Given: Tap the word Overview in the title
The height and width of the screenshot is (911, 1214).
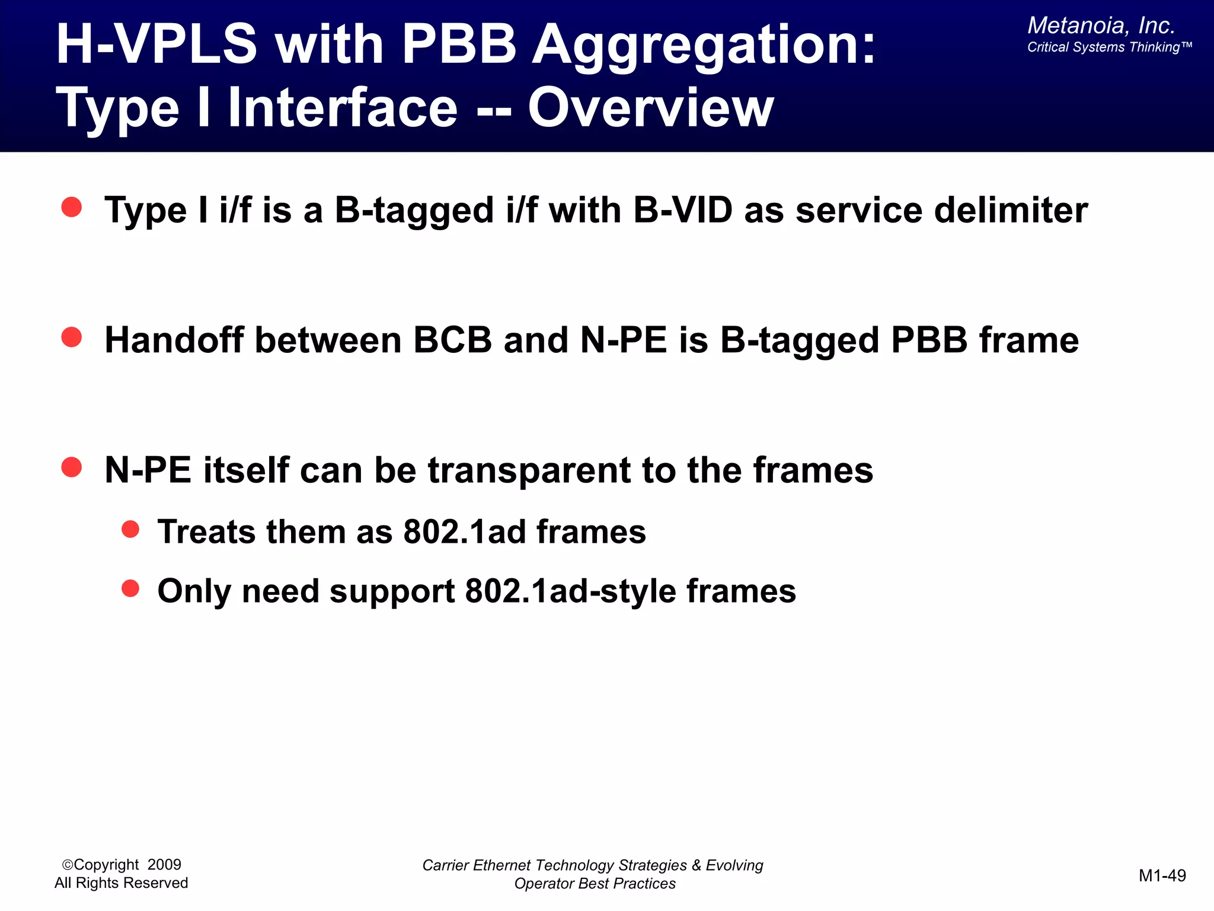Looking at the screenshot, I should (650, 108).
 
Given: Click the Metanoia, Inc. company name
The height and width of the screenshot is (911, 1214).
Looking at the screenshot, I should (1101, 26).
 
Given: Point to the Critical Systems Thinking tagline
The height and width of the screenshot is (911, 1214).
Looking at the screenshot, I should (1108, 47).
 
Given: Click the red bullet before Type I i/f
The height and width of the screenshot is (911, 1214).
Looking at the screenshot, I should (72, 207).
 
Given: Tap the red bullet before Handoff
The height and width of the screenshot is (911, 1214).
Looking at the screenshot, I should (72, 337).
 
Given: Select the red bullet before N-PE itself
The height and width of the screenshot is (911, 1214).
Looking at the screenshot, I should (72, 467).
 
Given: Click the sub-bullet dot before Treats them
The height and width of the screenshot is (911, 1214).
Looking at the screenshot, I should (130, 529).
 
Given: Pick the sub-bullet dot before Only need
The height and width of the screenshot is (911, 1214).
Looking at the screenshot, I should (130, 588).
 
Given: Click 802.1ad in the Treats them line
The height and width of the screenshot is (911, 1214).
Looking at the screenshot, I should (464, 531).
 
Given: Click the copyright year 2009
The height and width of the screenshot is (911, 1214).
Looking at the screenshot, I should (164, 865).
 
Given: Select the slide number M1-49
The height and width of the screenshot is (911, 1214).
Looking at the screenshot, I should (1162, 875).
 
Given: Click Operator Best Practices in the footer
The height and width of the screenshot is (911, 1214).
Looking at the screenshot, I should (595, 884).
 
